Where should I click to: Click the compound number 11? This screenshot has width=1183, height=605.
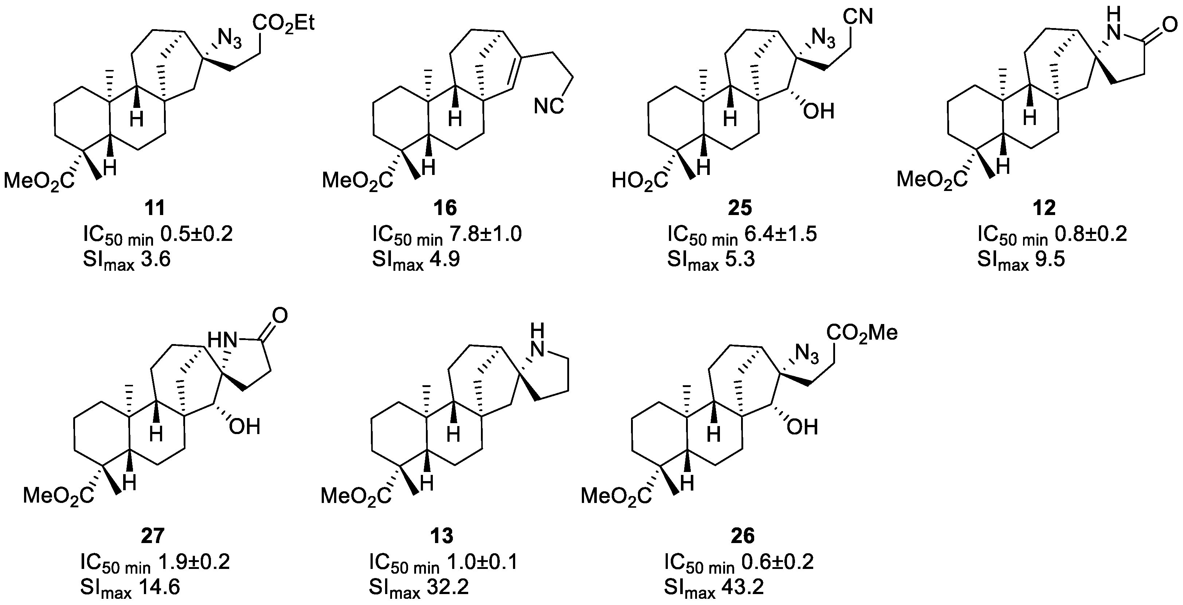tap(155, 208)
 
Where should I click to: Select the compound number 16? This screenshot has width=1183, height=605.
tap(445, 208)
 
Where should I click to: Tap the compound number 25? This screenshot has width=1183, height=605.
tap(740, 208)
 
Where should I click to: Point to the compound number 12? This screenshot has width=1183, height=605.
tap(1044, 208)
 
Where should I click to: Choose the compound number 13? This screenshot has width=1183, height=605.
tap(442, 536)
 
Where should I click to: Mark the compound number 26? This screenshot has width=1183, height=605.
tap(742, 536)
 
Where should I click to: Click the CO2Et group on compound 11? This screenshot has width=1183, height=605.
tap(284, 23)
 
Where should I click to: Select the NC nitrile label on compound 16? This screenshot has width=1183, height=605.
tap(549, 106)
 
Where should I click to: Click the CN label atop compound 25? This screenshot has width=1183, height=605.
tap(857, 17)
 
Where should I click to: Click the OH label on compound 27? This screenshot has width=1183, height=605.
tap(245, 427)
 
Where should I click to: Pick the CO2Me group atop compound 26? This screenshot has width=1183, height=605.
tap(862, 333)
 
